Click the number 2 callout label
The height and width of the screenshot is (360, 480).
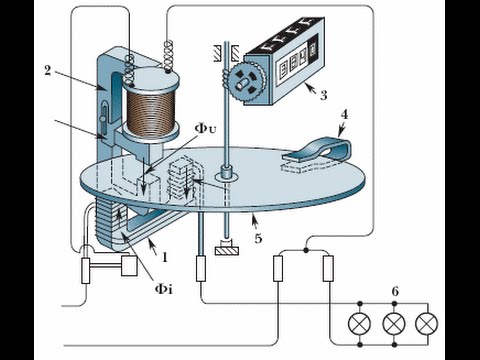[x=48, y=71]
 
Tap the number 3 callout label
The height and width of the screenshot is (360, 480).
[x=323, y=95]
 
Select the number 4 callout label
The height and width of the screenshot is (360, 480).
[x=345, y=114]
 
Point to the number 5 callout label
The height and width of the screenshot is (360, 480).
[x=258, y=238]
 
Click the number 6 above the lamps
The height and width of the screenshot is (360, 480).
[x=395, y=291]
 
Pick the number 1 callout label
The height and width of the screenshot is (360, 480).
[x=164, y=257]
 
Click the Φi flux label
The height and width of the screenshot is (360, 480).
[x=164, y=289]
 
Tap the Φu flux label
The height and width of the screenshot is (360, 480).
[x=205, y=129]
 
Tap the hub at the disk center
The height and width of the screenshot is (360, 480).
[x=227, y=175]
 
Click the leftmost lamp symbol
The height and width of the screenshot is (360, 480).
[x=360, y=324]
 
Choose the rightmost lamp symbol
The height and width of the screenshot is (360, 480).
[x=427, y=324]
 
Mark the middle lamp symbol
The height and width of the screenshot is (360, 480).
[x=394, y=324]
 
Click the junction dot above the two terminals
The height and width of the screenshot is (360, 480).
[x=306, y=250]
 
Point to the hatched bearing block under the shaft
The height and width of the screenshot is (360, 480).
[x=228, y=251]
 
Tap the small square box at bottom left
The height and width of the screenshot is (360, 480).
[x=130, y=266]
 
